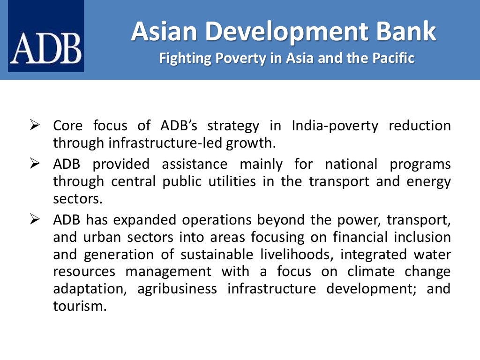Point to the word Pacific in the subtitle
coord(392,59)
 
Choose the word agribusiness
coord(177,288)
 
